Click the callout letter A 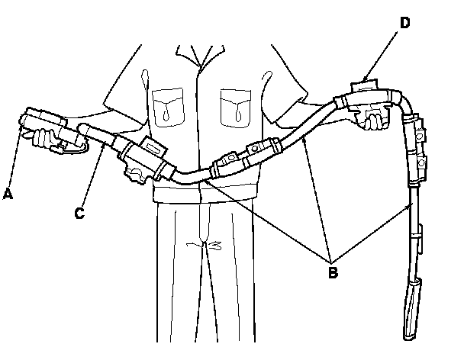click(x=8, y=194)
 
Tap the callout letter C click(x=80, y=213)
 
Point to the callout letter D click(x=404, y=24)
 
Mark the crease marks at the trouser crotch click(x=207, y=246)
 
